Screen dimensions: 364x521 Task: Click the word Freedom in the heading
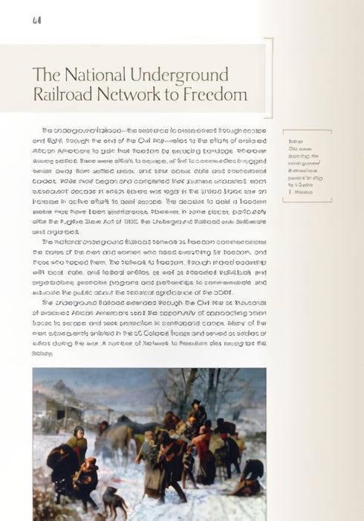[x=215, y=96]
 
